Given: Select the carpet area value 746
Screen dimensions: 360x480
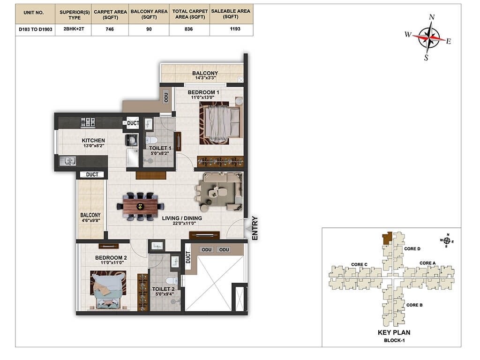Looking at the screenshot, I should (x=110, y=29).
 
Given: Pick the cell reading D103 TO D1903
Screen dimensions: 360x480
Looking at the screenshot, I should (x=35, y=29).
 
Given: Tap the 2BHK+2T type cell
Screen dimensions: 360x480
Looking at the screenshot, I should (x=72, y=29).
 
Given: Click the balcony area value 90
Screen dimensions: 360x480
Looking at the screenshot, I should (x=150, y=29).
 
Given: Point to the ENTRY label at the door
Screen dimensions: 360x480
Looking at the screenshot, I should (x=255, y=228).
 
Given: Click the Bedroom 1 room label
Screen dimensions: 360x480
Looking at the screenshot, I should (x=203, y=92).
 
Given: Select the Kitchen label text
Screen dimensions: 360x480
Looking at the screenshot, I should (x=93, y=140).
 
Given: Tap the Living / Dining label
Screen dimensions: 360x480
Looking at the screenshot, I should (x=182, y=218).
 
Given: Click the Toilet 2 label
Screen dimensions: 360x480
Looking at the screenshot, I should (x=163, y=289).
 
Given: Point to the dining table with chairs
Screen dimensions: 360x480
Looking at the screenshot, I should (x=141, y=206).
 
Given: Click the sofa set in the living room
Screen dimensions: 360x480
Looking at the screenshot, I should (x=218, y=191).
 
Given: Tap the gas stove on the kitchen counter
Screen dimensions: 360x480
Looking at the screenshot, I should (x=88, y=122).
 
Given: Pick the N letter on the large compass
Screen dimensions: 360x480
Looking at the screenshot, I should (x=432, y=17).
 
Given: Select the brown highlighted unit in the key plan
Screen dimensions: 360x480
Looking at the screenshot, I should (x=387, y=239).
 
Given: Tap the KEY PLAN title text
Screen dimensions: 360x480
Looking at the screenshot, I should (x=394, y=332).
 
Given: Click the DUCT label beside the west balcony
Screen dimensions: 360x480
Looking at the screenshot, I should (x=92, y=174).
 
